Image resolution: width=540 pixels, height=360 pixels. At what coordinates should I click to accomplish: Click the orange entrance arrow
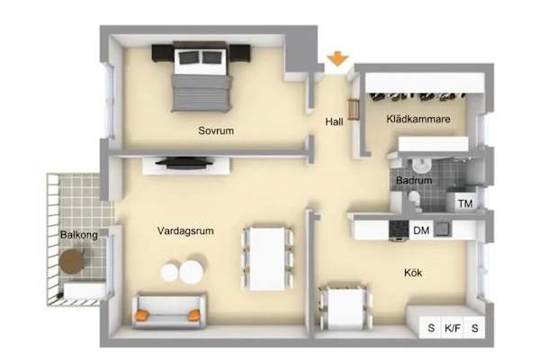337,58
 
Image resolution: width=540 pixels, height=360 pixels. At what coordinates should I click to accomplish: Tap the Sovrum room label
216,130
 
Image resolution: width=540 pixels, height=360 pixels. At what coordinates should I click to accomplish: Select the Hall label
334,121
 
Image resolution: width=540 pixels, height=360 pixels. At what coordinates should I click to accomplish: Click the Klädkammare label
418,119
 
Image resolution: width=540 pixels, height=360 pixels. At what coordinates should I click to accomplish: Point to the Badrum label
414,180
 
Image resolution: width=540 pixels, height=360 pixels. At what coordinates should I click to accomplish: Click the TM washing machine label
465,203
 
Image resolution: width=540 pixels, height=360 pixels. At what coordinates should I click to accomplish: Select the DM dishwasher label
421,230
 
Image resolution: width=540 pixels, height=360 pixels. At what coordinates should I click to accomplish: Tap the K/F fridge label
452,328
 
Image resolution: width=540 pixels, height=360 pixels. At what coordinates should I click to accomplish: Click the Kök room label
413,273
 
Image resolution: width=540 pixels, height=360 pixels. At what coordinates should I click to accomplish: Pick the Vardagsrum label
185,230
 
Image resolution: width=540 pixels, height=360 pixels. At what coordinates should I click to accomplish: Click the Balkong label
79,235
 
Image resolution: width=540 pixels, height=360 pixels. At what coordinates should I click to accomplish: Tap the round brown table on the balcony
72,262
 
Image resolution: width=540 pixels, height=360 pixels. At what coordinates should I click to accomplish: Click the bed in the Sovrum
201,76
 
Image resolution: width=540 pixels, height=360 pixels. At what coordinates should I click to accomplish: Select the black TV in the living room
186,163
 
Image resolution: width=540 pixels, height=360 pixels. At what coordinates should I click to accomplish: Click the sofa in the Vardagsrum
169,310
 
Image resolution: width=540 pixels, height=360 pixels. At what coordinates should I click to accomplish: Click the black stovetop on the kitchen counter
399,229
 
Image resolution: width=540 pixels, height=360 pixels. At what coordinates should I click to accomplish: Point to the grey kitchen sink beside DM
443,229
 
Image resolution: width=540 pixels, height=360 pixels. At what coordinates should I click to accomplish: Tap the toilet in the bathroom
414,201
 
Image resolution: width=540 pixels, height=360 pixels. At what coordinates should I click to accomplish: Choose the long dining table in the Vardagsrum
268,258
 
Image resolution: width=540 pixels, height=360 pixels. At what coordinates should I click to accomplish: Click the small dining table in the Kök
345,306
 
